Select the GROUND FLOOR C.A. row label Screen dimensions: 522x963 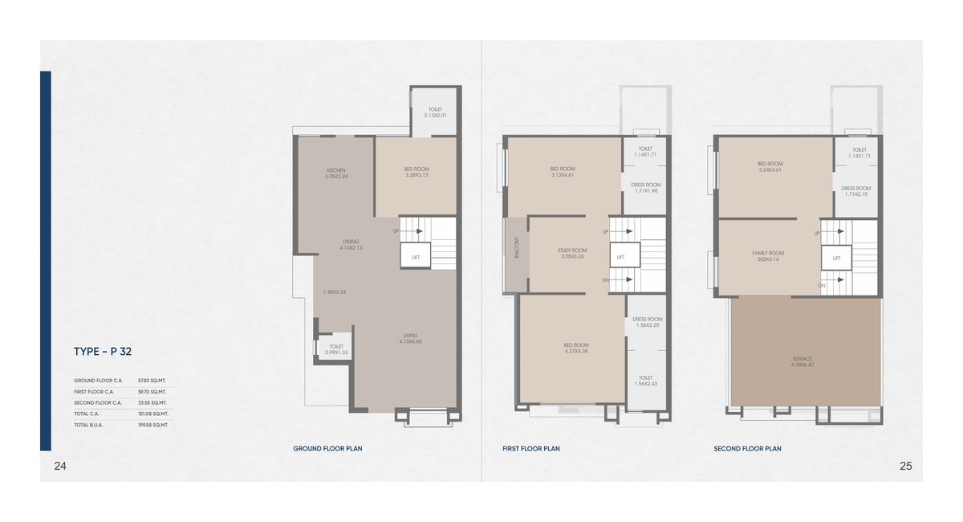(98, 380)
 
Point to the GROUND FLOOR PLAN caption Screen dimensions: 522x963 (327, 449)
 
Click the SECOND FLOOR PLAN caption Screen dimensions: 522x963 (747, 449)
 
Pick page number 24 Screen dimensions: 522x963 (59, 466)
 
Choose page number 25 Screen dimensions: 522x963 (905, 466)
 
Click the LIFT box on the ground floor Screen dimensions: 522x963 (416, 257)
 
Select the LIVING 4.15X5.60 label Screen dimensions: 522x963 (410, 338)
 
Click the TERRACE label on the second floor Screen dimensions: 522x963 (802, 361)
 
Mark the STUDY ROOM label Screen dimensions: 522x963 (572, 253)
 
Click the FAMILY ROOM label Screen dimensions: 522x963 (768, 255)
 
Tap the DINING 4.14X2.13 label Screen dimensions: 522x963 (351, 244)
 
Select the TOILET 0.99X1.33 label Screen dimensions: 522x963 (336, 349)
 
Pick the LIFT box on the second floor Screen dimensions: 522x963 (836, 258)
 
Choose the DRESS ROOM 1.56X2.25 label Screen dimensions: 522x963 (647, 322)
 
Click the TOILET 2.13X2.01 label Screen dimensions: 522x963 (434, 112)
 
